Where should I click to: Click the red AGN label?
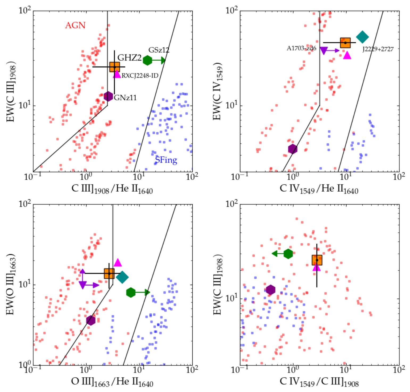coord(75,25)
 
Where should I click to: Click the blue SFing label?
coord(166,160)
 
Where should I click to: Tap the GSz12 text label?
coord(159,50)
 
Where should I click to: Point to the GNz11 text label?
coord(125,98)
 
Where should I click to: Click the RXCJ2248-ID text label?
coord(140,76)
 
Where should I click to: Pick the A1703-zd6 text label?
coord(301,48)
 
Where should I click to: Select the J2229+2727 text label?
coord(378,49)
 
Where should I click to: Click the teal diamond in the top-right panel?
coord(362,37)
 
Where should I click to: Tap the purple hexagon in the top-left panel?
coord(108,96)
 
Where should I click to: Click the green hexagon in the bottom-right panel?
coord(288,254)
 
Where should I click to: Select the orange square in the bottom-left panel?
coord(109,273)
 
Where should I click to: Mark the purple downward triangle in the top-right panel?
coord(324,51)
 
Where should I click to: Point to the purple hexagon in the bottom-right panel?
coord(271,290)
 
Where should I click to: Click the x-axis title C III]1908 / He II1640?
coord(112,189)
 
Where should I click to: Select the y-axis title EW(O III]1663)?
coord(11,285)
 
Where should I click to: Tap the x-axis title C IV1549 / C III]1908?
coord(319,382)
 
